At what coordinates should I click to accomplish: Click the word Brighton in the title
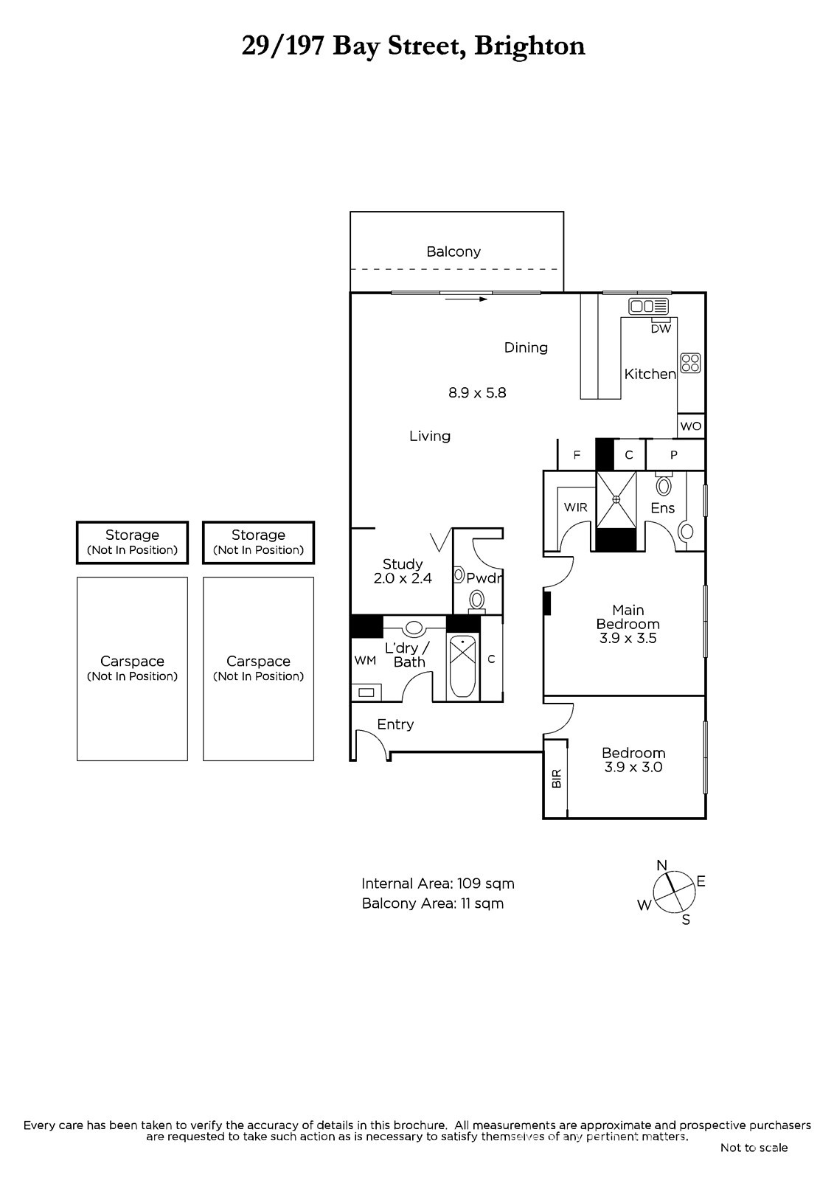529,46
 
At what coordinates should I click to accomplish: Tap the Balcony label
454,251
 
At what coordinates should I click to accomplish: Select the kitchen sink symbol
648,306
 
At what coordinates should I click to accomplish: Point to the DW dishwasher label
661,329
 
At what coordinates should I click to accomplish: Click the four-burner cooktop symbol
691,363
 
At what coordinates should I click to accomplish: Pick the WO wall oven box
691,426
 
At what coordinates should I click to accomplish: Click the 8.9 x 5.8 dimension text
477,393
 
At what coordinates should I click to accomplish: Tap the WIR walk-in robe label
575,507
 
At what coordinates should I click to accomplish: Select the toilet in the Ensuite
664,485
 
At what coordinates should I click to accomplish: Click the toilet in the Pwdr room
477,600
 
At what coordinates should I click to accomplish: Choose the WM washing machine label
365,661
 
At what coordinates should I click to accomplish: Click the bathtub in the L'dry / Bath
462,667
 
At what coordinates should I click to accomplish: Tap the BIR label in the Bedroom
556,779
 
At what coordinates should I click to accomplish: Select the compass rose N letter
661,865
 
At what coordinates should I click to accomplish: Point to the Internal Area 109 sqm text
438,884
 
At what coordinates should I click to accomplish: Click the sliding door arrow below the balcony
466,299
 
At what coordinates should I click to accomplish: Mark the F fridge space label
577,454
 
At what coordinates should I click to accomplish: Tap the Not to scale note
754,1148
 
